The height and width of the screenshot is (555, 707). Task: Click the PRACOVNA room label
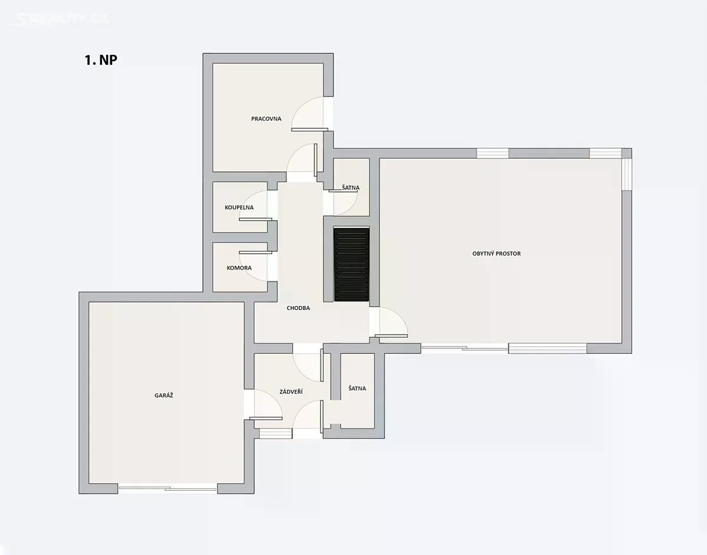(266, 119)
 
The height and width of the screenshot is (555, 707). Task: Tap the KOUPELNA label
(239, 207)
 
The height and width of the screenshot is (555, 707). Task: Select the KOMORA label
(239, 268)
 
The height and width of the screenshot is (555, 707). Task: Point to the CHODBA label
(298, 308)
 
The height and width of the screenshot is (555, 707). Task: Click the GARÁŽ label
(164, 396)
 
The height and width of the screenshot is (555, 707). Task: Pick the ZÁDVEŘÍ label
(291, 391)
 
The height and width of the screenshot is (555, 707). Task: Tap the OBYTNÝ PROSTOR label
(497, 254)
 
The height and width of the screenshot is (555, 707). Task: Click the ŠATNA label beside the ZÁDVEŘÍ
(357, 388)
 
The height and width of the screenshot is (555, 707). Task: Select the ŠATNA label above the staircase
(351, 188)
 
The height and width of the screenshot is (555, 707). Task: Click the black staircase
(351, 264)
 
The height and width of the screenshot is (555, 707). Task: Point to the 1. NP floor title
(101, 60)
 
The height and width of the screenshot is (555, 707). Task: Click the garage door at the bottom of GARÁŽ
(167, 488)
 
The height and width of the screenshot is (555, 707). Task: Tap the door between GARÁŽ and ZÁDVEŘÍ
(263, 404)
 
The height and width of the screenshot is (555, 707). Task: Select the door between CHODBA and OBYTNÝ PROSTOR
(388, 322)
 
